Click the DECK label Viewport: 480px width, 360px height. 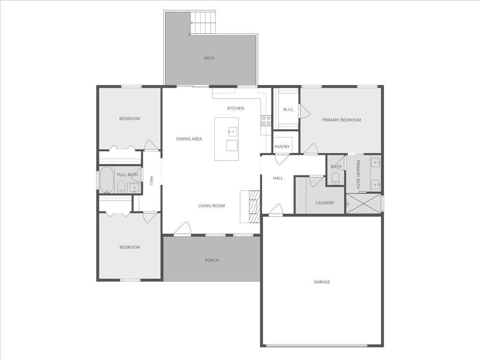[x=209, y=58]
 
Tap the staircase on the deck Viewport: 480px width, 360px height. [x=203, y=22]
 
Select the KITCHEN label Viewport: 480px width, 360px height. [x=236, y=108]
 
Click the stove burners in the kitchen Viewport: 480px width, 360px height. [x=266, y=120]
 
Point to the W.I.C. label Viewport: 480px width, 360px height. [x=288, y=110]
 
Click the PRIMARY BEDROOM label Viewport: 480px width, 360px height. [x=341, y=120]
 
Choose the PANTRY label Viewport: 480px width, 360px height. [x=282, y=147]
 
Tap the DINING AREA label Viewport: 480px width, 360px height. [x=189, y=139]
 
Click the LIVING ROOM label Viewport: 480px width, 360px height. [x=211, y=206]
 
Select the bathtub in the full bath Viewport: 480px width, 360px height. [x=106, y=180]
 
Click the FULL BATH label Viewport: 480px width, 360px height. [x=127, y=175]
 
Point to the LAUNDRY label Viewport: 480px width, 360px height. [x=325, y=203]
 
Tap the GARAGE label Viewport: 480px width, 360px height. [x=322, y=282]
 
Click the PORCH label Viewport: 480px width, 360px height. [x=212, y=260]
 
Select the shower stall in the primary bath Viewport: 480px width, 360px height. [x=364, y=203]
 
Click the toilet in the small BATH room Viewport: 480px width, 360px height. [x=335, y=178]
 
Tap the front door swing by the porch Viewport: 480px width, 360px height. [x=183, y=228]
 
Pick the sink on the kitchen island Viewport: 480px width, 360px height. [x=232, y=132]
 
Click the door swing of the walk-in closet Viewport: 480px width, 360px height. [x=304, y=111]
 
